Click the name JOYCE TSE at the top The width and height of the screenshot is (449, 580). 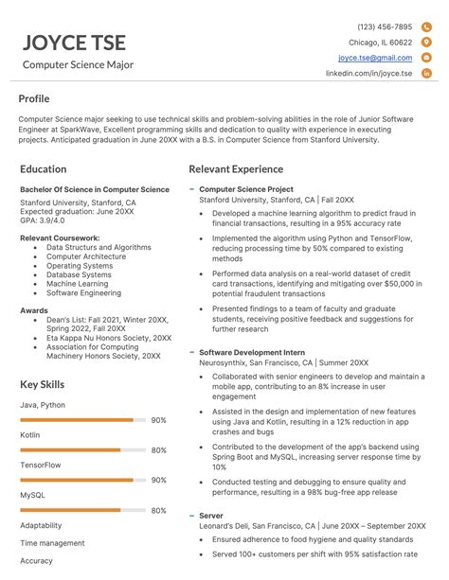tap(74, 43)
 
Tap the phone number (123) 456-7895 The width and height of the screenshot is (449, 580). tap(384, 27)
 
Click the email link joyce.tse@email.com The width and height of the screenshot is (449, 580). tap(375, 58)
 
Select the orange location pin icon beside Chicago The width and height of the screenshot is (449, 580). tap(426, 43)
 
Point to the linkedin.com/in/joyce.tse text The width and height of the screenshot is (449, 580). tap(368, 73)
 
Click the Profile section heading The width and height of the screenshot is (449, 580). tap(34, 98)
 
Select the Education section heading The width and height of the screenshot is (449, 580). tap(43, 168)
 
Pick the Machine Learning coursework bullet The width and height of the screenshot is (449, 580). tap(77, 284)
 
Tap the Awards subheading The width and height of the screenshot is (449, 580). tap(34, 308)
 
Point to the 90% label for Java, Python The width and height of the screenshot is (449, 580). tap(158, 420)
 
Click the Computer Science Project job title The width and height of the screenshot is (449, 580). tap(246, 189)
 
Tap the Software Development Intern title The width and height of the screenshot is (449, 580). tap(251, 352)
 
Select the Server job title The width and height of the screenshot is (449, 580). tap(211, 515)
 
